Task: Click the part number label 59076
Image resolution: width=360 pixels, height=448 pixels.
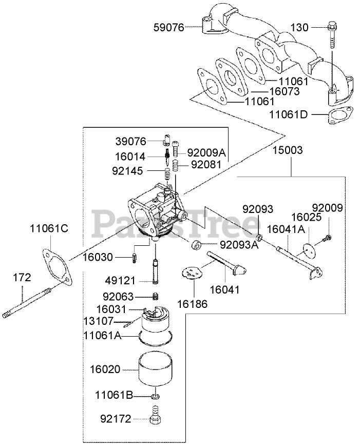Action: tap(169, 27)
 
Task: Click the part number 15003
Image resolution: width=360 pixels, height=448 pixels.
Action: tap(288, 150)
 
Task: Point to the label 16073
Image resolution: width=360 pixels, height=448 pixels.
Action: tap(285, 91)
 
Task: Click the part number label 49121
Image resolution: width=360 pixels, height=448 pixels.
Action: tap(120, 281)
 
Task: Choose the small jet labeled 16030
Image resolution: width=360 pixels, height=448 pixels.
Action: tap(135, 258)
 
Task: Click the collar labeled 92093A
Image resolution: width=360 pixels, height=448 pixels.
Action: tap(196, 245)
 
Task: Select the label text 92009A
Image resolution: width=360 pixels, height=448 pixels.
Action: tap(206, 152)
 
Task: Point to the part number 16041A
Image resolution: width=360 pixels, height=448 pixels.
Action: tap(286, 229)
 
